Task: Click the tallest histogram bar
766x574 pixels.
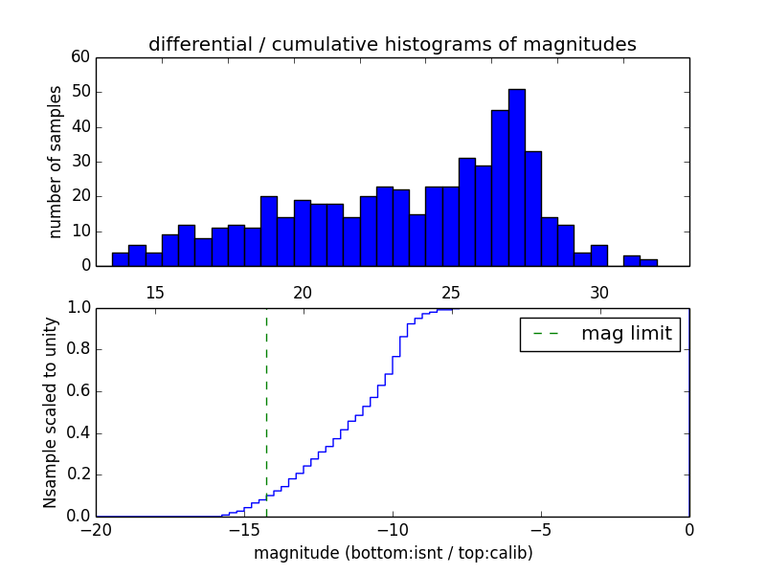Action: (x=516, y=177)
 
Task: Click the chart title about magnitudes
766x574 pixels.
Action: (x=392, y=44)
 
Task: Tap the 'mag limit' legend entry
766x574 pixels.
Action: (x=600, y=334)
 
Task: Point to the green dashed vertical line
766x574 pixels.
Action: (x=266, y=411)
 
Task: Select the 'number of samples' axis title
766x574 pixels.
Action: (x=56, y=161)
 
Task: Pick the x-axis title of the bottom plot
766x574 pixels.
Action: (x=393, y=553)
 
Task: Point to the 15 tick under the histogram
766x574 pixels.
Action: (x=155, y=292)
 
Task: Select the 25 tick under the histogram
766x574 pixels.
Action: (x=451, y=292)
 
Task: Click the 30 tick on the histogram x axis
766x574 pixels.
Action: (x=599, y=292)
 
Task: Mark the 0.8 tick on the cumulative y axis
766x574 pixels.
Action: (x=79, y=349)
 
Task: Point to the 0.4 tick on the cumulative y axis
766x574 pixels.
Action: (x=79, y=432)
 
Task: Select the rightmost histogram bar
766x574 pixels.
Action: (x=648, y=262)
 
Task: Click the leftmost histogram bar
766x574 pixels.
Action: (x=120, y=259)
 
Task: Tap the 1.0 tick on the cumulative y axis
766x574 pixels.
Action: (x=79, y=308)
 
